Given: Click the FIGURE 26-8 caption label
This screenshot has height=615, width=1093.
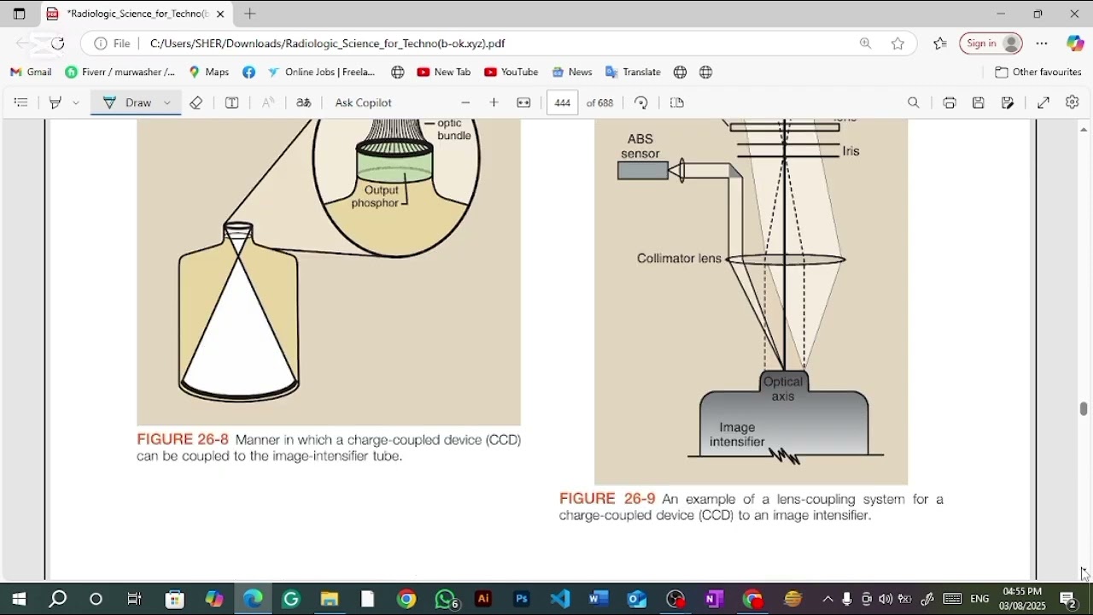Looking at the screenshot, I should click(x=183, y=440).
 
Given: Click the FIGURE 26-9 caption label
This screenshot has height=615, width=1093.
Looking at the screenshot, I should click(x=607, y=499).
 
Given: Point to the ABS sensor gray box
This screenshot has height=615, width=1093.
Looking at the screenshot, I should click(x=642, y=171).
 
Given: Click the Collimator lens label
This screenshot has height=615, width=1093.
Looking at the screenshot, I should click(x=679, y=259).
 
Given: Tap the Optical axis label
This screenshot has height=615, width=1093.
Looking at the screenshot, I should click(x=783, y=389).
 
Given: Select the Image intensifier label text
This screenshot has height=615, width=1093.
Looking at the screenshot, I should click(x=737, y=435).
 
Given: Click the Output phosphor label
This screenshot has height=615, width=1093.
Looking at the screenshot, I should click(x=377, y=196).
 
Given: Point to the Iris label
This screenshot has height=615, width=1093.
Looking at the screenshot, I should click(x=851, y=151).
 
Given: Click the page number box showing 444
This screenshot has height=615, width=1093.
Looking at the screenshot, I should click(x=562, y=102).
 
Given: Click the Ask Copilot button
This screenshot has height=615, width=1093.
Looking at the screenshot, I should click(x=363, y=102).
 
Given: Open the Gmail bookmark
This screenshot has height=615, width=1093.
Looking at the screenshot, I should click(x=31, y=73).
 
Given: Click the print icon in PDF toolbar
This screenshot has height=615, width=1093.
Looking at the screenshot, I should click(x=950, y=102).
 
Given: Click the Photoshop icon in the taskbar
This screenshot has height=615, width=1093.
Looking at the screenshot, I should click(x=522, y=600).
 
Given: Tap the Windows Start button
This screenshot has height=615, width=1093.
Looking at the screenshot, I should click(x=19, y=600).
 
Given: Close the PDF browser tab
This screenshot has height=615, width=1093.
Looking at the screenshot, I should click(x=220, y=14).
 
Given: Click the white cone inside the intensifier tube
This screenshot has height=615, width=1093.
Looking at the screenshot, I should click(x=238, y=342).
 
